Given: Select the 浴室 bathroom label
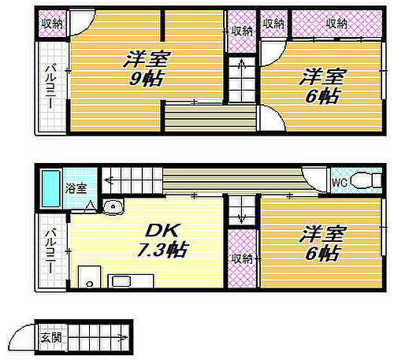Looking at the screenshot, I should (x=76, y=188).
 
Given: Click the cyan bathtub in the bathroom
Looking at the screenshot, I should (x=50, y=188).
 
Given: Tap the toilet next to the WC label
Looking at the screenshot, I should (x=364, y=181).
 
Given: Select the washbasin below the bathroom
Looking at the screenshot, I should (x=113, y=208).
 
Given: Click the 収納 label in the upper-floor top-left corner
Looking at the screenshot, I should (x=54, y=24).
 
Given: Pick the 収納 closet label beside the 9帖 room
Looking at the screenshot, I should (x=242, y=32).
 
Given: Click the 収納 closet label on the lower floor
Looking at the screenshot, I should (x=242, y=258).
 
